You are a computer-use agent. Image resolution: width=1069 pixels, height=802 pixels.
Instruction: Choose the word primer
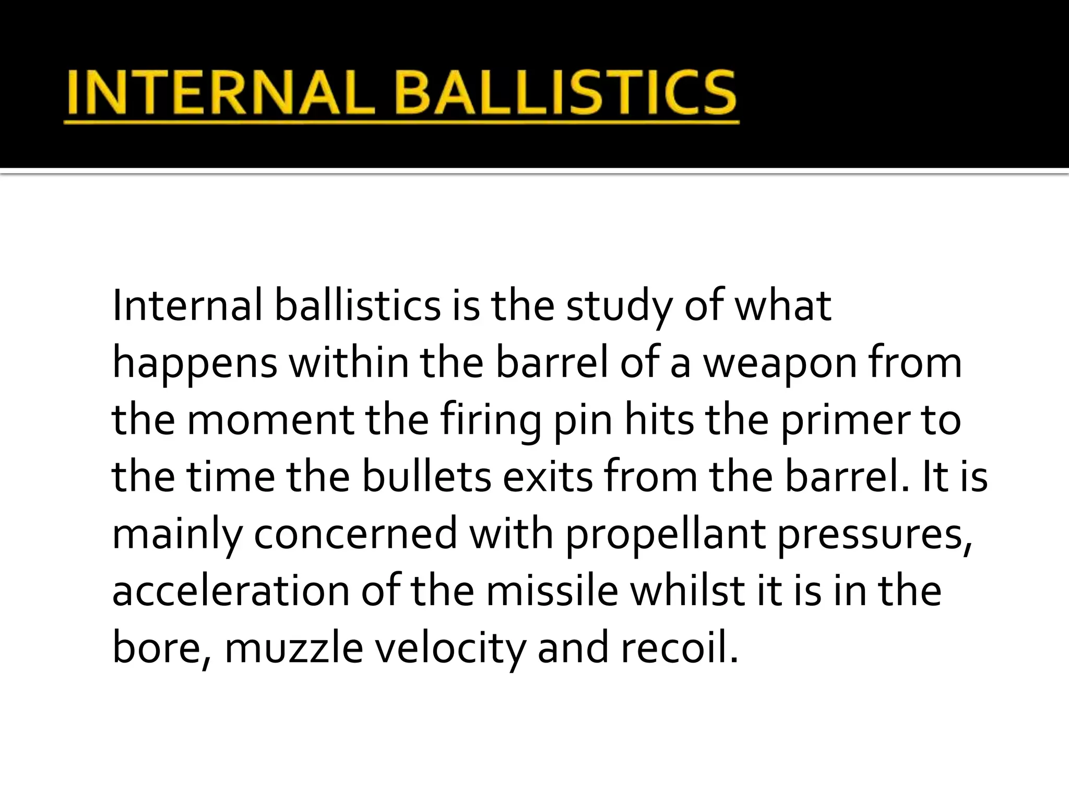coord(845,422)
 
